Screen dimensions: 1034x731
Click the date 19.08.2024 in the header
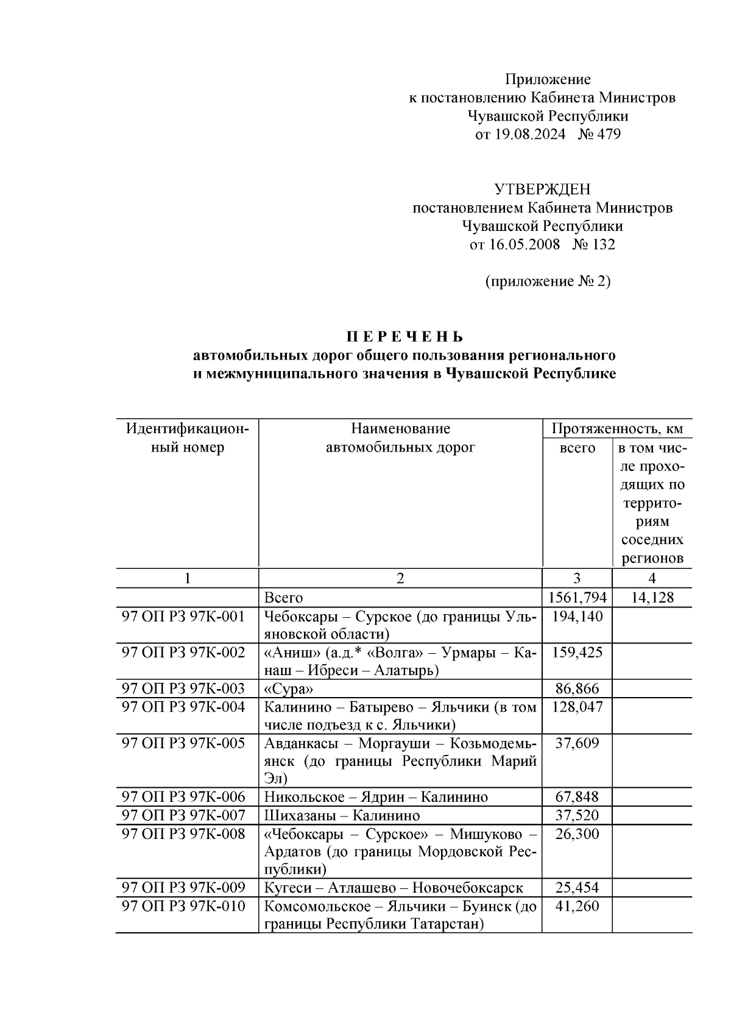click(529, 135)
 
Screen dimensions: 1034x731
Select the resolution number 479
click(608, 135)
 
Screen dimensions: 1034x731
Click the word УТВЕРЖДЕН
click(542, 189)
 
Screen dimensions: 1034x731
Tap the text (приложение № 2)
click(547, 282)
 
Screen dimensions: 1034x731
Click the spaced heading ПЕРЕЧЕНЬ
click(405, 337)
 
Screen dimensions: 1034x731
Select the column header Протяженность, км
click(617, 429)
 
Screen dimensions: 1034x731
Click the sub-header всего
click(577, 448)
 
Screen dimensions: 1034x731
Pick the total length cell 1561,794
click(577, 598)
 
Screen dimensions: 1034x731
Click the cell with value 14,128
click(652, 598)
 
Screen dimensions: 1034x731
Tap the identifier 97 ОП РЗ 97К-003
click(183, 689)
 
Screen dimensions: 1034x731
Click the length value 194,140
click(577, 617)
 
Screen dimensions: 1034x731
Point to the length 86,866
click(577, 689)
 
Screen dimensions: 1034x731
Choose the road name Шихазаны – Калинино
click(342, 815)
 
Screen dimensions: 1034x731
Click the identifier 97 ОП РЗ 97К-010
click(183, 906)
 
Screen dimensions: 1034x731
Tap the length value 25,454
click(577, 888)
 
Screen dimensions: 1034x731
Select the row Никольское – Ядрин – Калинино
click(376, 797)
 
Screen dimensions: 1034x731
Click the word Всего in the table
click(283, 598)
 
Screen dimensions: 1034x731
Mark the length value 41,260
click(577, 906)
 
